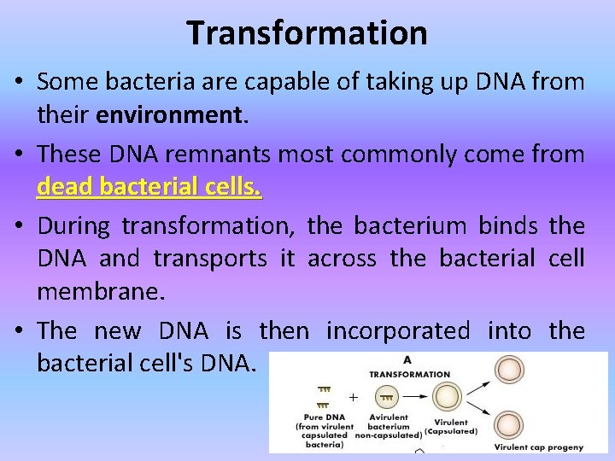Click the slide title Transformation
pyautogui.click(x=307, y=32)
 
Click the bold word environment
pyautogui.click(x=170, y=115)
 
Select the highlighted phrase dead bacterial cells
pyautogui.click(x=149, y=185)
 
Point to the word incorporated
pyautogui.click(x=398, y=330)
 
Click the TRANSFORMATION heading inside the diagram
pyautogui.click(x=409, y=374)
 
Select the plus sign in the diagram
pyautogui.click(x=352, y=397)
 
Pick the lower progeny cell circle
pyautogui.click(x=510, y=424)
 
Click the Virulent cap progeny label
pyautogui.click(x=539, y=446)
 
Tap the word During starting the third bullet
pyautogui.click(x=74, y=226)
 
